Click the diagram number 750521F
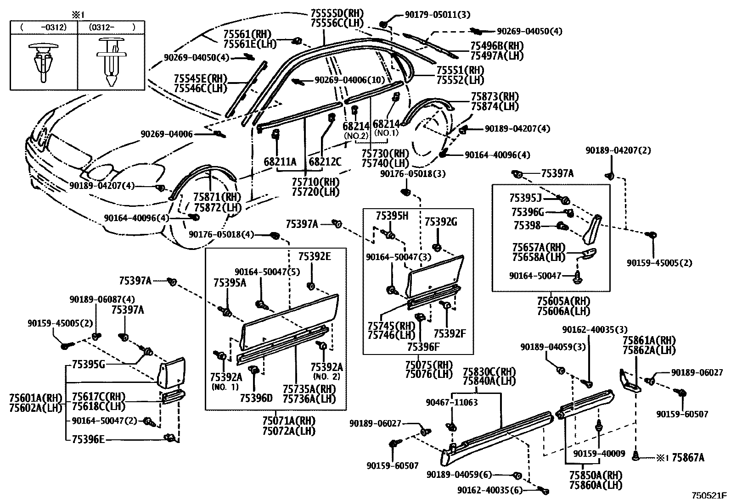[709, 495]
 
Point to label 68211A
[280, 162]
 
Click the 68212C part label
[325, 162]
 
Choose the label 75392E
[314, 256]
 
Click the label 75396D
[256, 398]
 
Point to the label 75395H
[392, 216]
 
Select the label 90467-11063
[451, 402]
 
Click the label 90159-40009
[599, 454]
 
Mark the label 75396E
[88, 439]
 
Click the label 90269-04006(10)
[349, 80]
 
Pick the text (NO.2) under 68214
[356, 136]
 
